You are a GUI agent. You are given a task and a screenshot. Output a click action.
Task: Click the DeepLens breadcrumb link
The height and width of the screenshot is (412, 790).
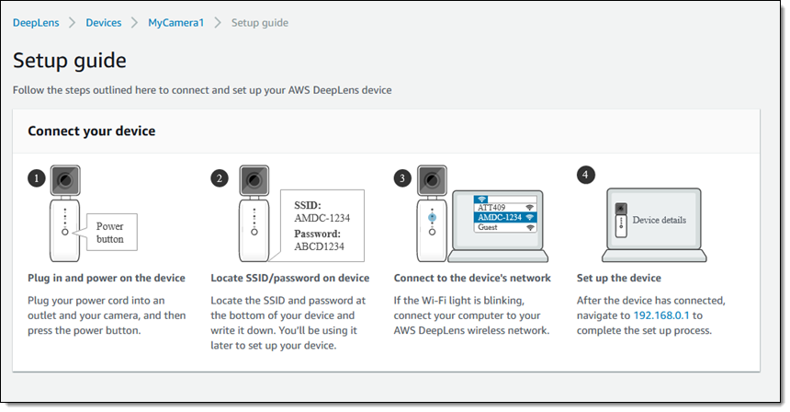point(36,23)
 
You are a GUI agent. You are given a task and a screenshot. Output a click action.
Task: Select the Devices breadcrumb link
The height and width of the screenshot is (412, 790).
point(103,23)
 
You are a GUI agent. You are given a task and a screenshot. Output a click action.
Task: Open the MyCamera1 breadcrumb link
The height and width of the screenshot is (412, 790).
point(175,23)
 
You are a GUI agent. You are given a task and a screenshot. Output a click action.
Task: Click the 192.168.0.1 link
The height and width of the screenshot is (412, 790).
point(661,315)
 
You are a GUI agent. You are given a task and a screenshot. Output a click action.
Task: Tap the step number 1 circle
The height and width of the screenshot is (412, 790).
point(36,178)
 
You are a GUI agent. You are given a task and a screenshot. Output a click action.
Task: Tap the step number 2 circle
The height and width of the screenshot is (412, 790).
point(220,178)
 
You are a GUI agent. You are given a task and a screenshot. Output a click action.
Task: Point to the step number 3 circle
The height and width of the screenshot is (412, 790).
point(402,178)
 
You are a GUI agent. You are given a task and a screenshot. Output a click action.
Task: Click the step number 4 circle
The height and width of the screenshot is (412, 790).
point(585,175)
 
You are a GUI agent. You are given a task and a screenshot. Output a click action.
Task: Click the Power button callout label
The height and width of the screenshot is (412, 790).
point(110,233)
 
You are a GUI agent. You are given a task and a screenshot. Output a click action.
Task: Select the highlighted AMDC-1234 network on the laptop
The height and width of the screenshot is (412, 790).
point(505,217)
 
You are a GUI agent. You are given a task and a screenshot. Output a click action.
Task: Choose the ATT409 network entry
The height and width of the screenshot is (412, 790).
point(505,207)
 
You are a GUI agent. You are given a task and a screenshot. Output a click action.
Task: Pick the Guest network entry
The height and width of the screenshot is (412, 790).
point(505,227)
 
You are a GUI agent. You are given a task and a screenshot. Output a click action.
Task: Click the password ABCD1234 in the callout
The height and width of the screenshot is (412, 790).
point(320,246)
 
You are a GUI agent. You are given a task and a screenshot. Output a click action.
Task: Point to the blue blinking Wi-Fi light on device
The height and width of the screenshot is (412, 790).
point(432,218)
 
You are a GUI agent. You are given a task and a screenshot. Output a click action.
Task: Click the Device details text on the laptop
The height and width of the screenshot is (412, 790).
point(659,220)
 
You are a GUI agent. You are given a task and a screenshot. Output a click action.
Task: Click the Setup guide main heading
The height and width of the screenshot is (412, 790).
point(70,61)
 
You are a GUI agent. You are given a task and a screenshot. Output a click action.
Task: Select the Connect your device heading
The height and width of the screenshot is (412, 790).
point(92,132)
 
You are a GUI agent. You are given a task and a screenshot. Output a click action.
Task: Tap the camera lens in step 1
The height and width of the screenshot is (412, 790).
point(65,180)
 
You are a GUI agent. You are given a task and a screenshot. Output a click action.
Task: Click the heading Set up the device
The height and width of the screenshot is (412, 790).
point(619,278)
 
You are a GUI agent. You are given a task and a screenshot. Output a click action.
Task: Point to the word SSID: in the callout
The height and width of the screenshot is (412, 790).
point(308,205)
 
